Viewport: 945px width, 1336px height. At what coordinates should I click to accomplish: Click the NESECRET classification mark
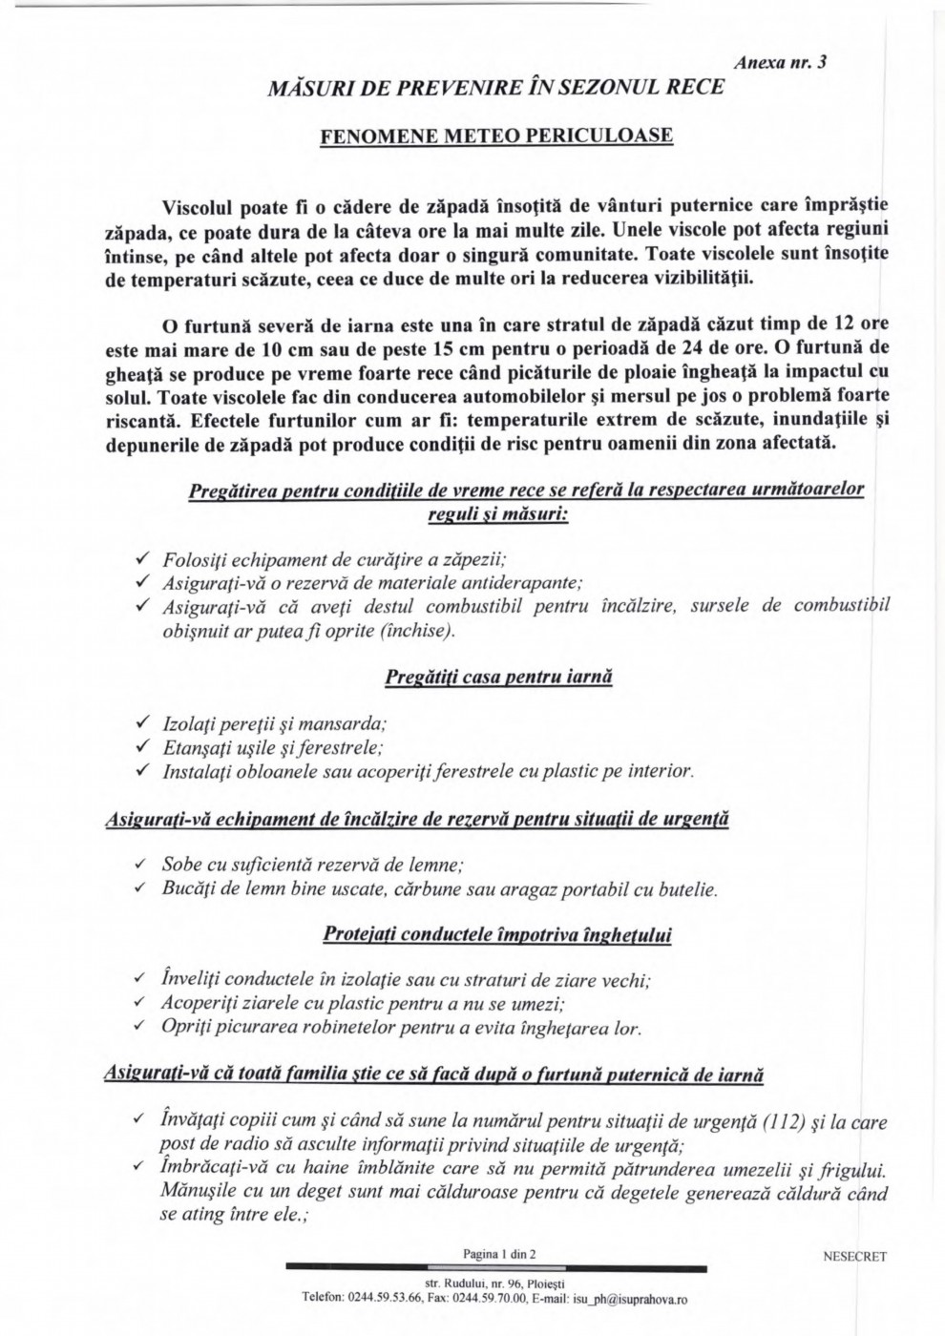(x=854, y=1257)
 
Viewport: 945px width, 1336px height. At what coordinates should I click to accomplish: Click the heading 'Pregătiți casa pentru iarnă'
(x=498, y=678)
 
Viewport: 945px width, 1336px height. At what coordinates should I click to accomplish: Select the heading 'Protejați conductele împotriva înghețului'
(x=497, y=934)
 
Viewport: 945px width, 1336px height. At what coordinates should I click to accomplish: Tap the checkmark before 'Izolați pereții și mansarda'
(x=142, y=722)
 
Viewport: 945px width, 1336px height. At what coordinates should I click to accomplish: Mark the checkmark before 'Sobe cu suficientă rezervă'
(x=140, y=865)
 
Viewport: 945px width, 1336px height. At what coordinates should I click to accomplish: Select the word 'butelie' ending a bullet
(x=684, y=890)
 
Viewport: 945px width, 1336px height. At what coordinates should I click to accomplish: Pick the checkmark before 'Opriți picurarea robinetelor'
(x=140, y=1027)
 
